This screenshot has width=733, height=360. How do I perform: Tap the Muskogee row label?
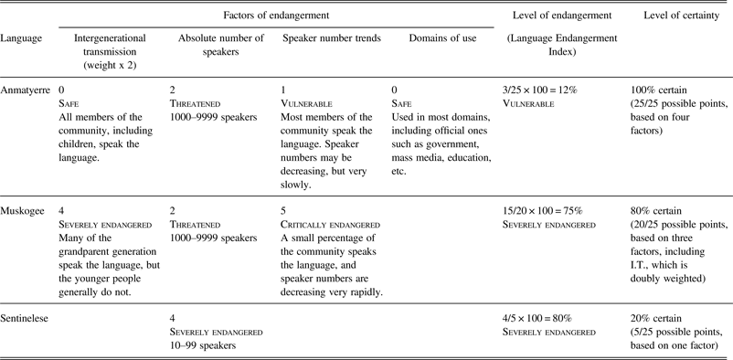click(x=27, y=210)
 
